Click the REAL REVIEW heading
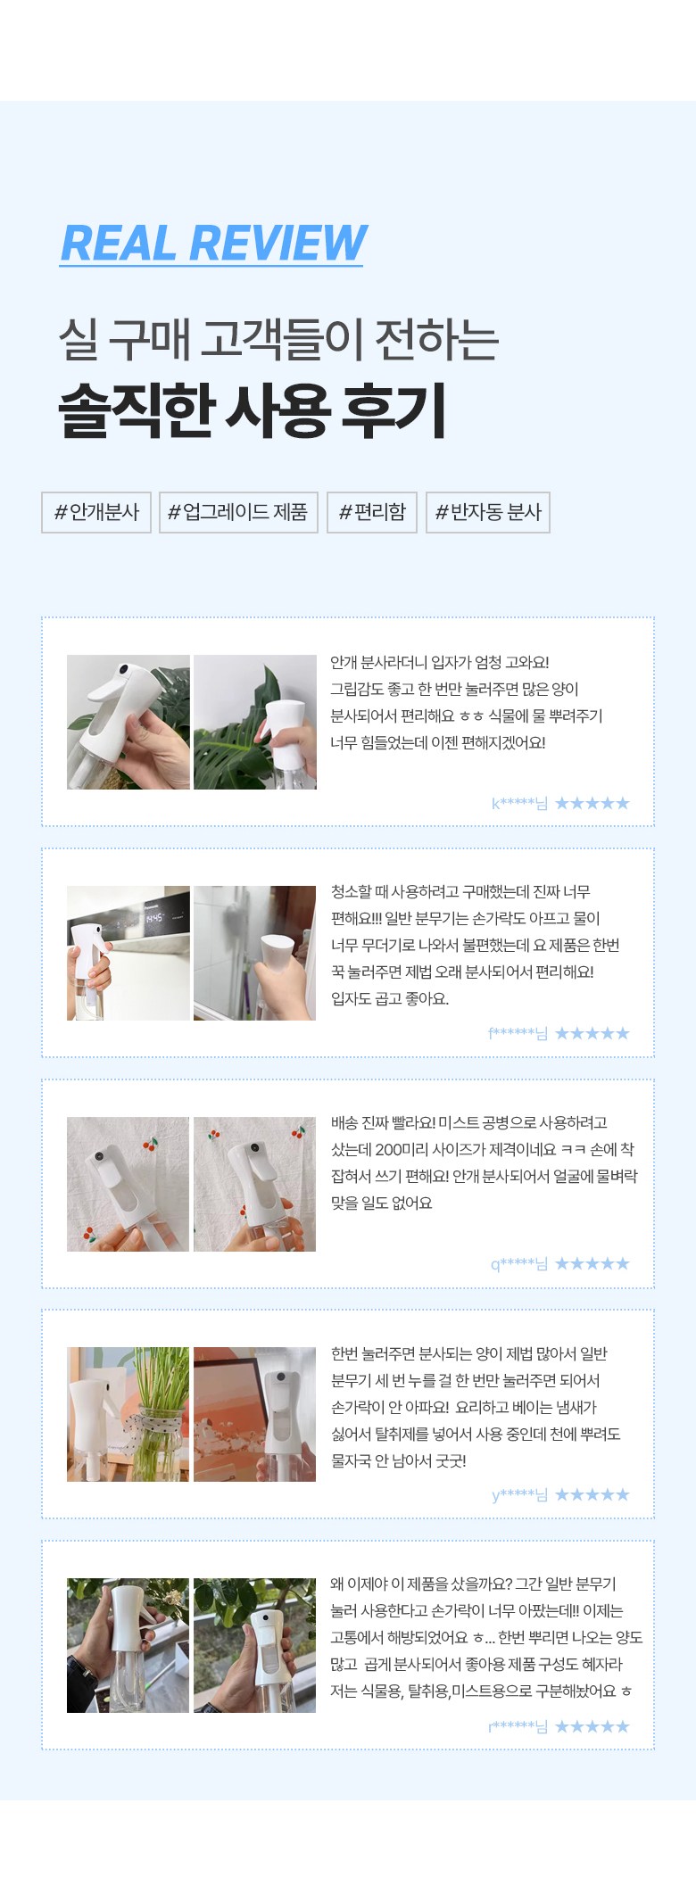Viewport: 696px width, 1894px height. (213, 243)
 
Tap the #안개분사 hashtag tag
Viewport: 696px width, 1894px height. (96, 512)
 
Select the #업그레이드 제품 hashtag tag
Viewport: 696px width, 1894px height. (238, 512)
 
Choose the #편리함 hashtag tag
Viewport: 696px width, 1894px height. (372, 512)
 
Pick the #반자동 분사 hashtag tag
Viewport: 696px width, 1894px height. (488, 512)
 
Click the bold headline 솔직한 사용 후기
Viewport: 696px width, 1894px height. (253, 410)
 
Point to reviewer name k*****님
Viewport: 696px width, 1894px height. (519, 803)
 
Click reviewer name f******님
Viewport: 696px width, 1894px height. (518, 1033)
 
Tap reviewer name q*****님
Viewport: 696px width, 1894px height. (519, 1263)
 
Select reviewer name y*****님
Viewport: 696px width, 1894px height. (519, 1494)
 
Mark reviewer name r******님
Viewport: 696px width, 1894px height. (518, 1726)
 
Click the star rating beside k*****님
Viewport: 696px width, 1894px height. (592, 803)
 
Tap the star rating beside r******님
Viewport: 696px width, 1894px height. (592, 1726)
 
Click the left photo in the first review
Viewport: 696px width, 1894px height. (128, 722)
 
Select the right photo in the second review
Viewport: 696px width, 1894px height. (255, 953)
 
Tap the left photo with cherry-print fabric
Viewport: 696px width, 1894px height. (128, 1184)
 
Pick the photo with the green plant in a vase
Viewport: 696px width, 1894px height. (128, 1414)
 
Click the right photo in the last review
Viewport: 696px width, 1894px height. (255, 1645)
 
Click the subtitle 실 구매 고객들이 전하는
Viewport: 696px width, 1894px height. (278, 339)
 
